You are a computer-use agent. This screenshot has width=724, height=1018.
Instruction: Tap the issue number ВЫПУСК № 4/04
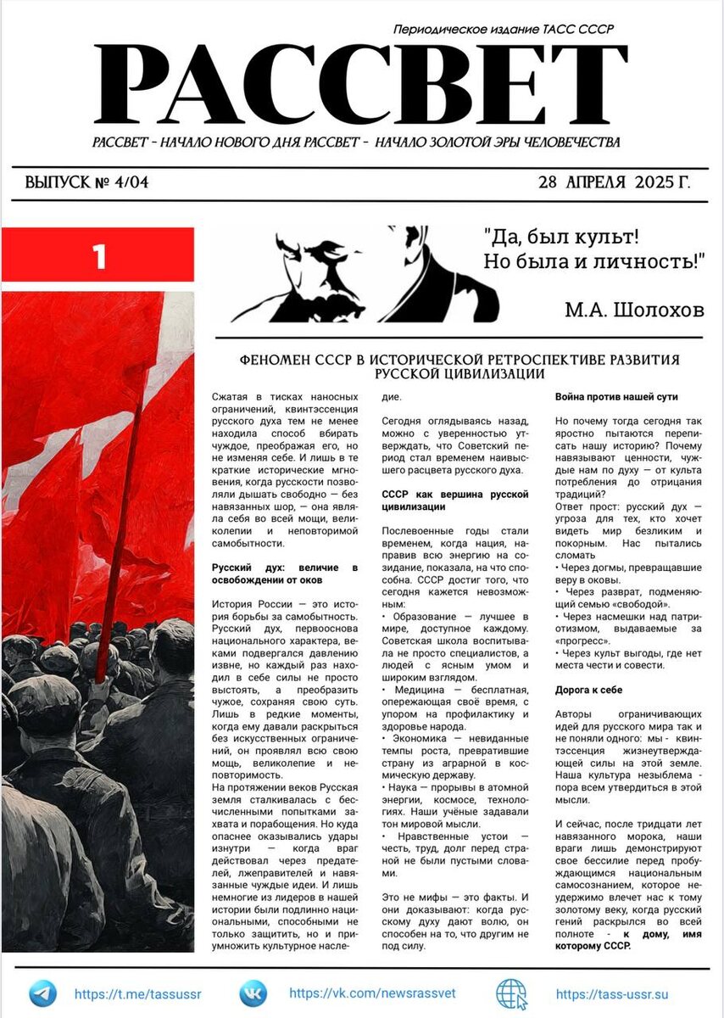point(86,182)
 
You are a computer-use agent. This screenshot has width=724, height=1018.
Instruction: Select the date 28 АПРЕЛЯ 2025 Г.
point(614,182)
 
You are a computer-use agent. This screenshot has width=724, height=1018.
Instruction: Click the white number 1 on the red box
point(99,256)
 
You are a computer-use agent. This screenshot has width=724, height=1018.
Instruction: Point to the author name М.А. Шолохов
point(634,310)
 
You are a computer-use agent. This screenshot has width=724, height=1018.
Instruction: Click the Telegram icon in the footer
point(42,993)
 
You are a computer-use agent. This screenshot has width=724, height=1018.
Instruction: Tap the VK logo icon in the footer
point(253,993)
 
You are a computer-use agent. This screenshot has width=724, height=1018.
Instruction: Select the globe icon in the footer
point(511,993)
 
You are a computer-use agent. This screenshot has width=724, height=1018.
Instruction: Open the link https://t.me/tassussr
point(138,994)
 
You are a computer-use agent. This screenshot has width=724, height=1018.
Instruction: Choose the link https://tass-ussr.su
point(612,994)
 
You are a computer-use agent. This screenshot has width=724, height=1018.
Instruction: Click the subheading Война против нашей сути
point(616,396)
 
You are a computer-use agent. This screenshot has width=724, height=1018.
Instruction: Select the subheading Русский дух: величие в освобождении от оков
point(284,573)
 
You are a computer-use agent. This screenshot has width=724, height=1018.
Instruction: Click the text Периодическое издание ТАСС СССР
point(504,30)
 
